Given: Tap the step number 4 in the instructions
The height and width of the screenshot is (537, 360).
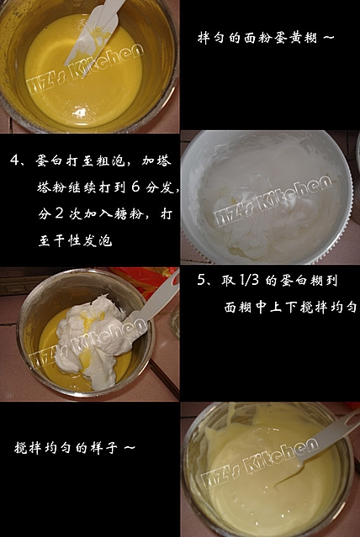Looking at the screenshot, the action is coord(15,160).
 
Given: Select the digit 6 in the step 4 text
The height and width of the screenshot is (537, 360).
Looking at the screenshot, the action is coord(135,187).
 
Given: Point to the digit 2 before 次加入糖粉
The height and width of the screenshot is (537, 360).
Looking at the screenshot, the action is coord(60,213).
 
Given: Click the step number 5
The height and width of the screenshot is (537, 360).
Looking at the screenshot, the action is coord(202,280).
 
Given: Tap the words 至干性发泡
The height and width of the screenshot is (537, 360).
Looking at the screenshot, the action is coord(75,240).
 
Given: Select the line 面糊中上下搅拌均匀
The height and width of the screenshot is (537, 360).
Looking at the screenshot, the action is coord(291,307).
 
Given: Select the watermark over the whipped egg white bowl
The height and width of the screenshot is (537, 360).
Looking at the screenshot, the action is coord(273,200).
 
